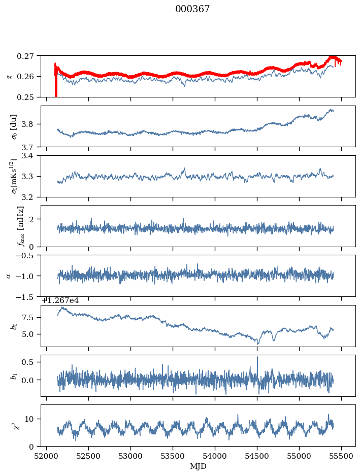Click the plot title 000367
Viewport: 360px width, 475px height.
pos(192,9)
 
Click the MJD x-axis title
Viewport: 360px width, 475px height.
pos(198,466)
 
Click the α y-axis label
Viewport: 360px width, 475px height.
pos(8,276)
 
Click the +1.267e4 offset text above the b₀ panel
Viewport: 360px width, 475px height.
pos(60,300)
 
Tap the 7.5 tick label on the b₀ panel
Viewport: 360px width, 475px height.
pos(31,317)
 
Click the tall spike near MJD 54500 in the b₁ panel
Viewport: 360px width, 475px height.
pos(257,358)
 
